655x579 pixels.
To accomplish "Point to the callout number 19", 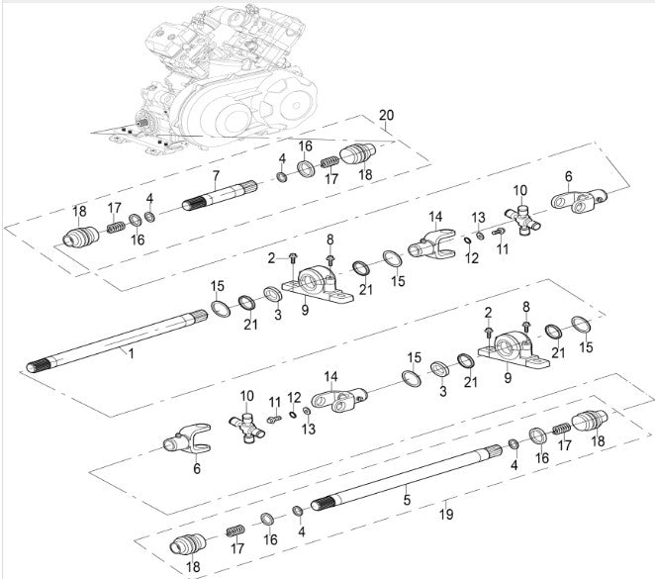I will point(446,515).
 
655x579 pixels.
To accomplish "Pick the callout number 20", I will point(386,115).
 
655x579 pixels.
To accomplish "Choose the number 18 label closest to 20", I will point(365,173).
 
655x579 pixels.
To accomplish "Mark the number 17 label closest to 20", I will point(332,179).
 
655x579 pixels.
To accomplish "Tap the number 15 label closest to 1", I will point(218,287).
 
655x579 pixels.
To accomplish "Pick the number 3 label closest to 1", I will point(278,315).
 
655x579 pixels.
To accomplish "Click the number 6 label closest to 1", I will point(196,468).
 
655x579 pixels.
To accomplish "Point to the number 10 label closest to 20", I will point(519,189).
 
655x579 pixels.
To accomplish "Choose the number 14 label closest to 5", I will point(331,377).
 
